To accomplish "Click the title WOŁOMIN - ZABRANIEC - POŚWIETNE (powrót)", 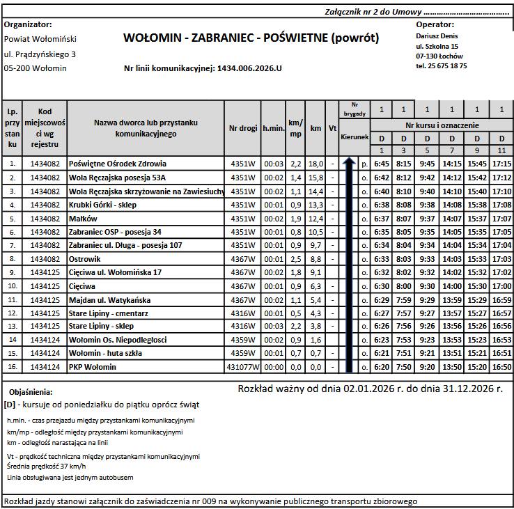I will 251,38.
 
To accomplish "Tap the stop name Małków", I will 83,219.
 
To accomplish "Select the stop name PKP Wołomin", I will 93,367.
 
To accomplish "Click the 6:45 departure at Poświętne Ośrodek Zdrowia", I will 381,164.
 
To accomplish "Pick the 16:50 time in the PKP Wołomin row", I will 501,367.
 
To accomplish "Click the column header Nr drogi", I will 242,128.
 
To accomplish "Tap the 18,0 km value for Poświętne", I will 316,164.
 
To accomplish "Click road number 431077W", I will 242,367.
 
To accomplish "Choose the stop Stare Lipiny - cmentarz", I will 107,313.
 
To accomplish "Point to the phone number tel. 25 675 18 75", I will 441,65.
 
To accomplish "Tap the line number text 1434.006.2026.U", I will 250,68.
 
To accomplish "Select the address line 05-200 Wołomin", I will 36,68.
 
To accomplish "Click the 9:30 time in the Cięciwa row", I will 428,285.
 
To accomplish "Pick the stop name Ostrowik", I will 85,259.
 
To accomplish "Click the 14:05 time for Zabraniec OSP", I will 452,232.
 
